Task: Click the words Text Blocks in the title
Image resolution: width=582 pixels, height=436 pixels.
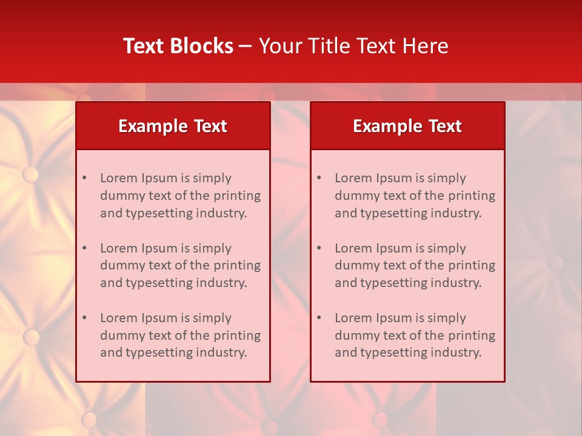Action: [178, 46]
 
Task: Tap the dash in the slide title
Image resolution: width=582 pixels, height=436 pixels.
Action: [246, 47]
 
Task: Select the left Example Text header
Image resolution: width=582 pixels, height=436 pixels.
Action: [173, 126]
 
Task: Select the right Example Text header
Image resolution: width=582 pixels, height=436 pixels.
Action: [407, 126]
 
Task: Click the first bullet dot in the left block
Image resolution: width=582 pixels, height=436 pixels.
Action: [85, 178]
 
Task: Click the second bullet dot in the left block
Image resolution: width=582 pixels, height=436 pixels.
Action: [85, 248]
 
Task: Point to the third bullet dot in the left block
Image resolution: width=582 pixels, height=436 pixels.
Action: [85, 318]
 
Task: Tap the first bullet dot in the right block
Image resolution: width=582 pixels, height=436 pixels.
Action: [319, 178]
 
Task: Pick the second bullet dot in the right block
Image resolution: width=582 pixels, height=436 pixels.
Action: [319, 248]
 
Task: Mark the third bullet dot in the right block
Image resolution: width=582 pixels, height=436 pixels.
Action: [319, 318]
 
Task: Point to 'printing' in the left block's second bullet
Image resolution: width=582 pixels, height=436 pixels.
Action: [238, 266]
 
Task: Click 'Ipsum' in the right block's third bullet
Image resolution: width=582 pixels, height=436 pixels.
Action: [395, 318]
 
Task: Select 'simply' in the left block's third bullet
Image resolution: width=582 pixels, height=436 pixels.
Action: [212, 318]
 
